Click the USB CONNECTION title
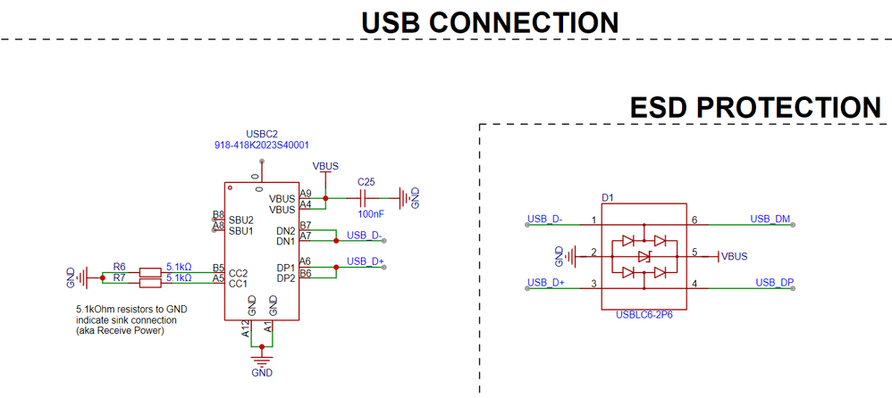490,22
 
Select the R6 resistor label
120,266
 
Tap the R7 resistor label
120,278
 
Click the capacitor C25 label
366,181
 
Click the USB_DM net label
770,218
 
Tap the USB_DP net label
774,283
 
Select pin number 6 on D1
694,220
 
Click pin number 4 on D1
694,284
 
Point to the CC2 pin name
239,272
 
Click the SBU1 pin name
241,231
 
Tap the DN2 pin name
285,231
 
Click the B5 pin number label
217,268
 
